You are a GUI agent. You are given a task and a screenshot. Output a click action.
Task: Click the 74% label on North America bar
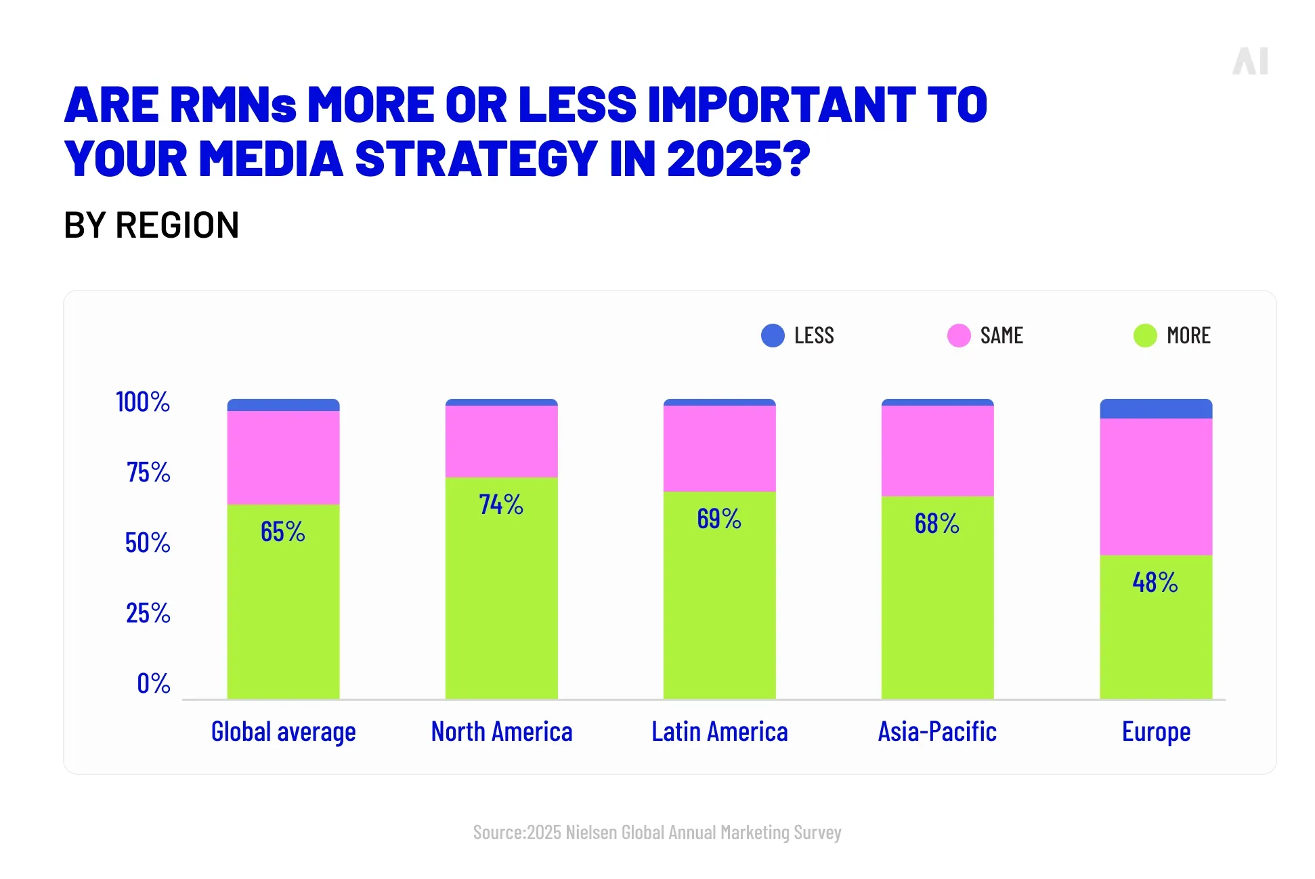coord(500,505)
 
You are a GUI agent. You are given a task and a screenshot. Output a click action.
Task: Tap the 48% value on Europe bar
coord(1155,582)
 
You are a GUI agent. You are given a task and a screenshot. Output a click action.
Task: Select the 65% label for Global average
coord(282,532)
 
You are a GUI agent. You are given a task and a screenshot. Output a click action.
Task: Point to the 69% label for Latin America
coord(718,519)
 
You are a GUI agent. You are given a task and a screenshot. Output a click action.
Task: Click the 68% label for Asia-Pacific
coord(936,523)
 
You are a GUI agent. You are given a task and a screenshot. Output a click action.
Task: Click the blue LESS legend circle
coord(773,335)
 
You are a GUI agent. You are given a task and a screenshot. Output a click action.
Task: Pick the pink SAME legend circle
coord(959,335)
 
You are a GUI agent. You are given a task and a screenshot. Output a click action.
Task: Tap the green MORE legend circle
coord(1145,335)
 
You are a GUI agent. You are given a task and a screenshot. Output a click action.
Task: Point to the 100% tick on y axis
coord(143,402)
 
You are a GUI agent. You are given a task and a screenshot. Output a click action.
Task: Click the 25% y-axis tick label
coord(148,613)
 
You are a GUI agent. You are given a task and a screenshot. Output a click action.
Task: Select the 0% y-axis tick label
coord(153,683)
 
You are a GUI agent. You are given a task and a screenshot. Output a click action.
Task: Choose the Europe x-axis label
coord(1156,732)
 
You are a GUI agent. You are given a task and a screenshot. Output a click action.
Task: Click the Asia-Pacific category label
coord(937,732)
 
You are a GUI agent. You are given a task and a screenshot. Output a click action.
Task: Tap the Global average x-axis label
coord(283,732)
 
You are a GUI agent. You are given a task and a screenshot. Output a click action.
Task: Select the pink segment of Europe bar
coord(1156,486)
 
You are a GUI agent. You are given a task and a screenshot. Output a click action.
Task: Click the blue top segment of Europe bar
coord(1156,409)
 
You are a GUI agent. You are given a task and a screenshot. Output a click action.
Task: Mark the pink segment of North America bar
coord(501,442)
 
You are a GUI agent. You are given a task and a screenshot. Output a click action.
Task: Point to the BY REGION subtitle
coord(151,226)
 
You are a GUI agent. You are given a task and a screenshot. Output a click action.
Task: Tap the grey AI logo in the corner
coord(1250,62)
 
